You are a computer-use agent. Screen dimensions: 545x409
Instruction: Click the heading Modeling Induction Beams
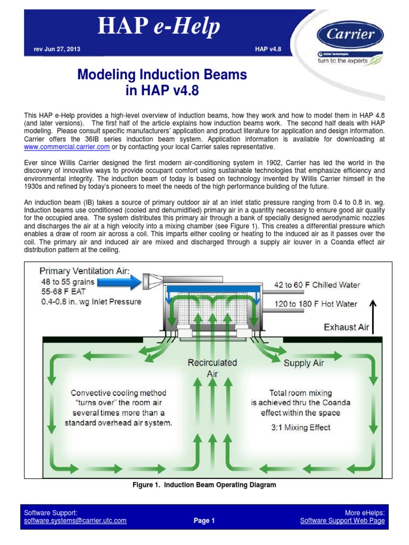tap(162, 75)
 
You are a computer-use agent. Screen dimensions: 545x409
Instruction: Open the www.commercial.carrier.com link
tap(67, 146)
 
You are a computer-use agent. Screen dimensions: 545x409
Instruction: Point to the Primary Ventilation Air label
tap(84, 270)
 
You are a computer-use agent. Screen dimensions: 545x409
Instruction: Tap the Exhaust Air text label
tap(346, 327)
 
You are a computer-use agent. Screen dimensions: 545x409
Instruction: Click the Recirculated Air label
tap(212, 368)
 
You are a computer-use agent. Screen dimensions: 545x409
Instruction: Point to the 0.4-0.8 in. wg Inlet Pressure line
tap(91, 302)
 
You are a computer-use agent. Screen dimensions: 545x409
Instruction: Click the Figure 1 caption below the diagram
tap(204, 485)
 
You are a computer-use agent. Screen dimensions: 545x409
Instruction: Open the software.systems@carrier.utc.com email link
tap(76, 521)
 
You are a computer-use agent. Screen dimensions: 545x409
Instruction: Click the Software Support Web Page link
tap(342, 521)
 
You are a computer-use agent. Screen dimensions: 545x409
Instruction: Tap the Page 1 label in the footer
tap(204, 521)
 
